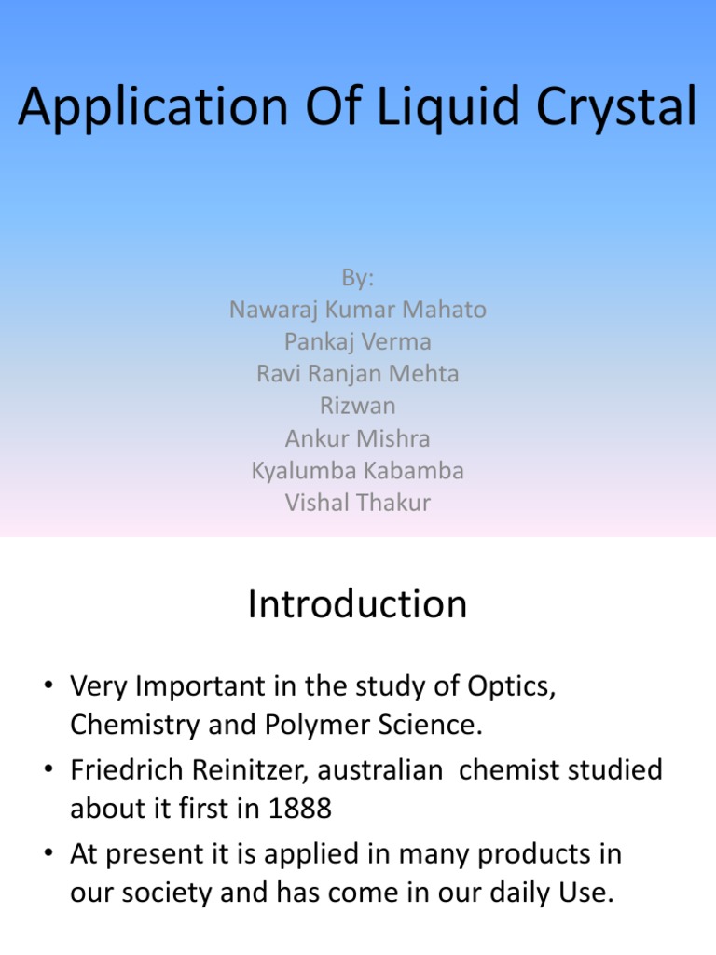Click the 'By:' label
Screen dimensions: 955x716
(358, 278)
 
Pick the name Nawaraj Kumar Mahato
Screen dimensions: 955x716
(358, 310)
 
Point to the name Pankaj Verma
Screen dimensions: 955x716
(358, 341)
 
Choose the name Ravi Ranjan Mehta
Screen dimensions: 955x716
(358, 374)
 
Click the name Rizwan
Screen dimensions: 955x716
(358, 406)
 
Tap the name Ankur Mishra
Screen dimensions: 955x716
(358, 438)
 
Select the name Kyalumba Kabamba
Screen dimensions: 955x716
(358, 470)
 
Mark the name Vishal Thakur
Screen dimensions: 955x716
(358, 503)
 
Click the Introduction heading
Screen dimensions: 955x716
(358, 604)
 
